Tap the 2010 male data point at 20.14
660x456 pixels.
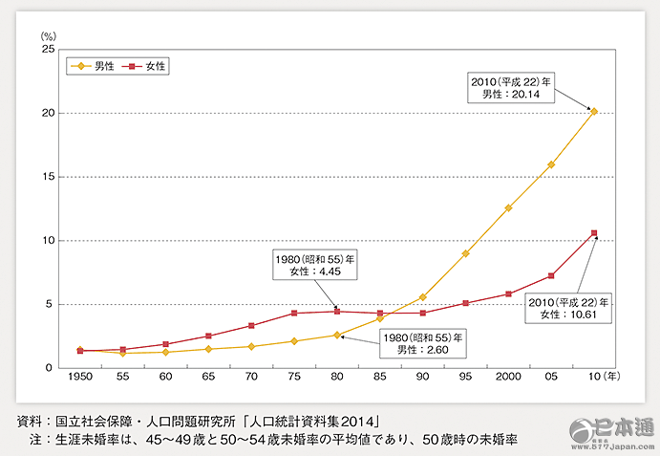594,111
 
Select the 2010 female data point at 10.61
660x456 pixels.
594,233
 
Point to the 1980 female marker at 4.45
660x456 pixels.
336,311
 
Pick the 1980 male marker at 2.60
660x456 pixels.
336,335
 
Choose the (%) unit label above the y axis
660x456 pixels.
48,33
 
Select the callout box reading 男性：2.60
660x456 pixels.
424,344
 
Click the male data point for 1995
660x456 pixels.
465,253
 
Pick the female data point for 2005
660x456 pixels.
551,276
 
